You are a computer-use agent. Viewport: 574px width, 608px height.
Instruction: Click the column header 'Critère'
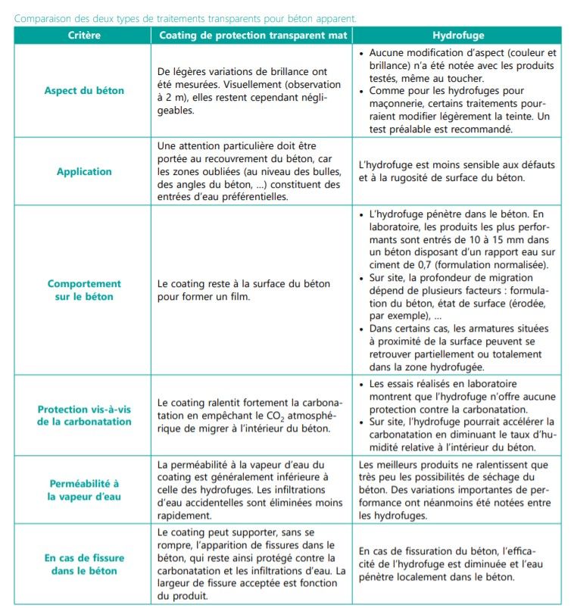point(84,36)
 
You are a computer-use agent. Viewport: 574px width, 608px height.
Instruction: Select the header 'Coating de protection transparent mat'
point(252,36)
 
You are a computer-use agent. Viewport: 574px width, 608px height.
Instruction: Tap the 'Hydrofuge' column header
point(458,36)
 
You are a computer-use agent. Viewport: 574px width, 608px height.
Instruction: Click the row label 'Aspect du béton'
point(84,91)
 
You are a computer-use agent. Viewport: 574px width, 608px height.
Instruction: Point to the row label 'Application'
point(84,171)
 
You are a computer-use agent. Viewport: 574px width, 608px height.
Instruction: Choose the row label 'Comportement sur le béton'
point(84,290)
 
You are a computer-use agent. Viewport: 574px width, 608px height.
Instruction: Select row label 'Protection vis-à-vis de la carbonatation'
point(84,415)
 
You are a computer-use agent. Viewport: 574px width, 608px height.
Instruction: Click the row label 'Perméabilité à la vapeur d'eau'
point(84,490)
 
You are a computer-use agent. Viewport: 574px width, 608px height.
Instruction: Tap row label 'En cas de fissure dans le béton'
point(84,563)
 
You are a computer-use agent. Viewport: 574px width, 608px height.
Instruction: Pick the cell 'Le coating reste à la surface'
point(244,290)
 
